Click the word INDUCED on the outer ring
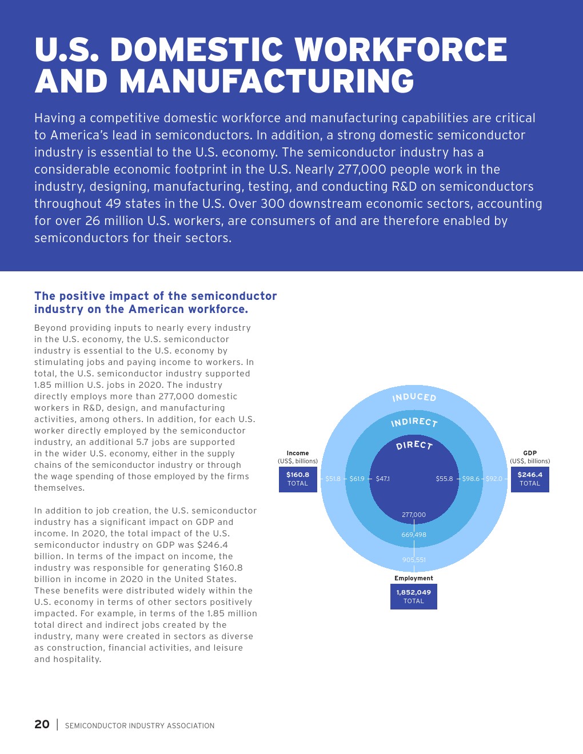(414, 397)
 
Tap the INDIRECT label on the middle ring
(414, 422)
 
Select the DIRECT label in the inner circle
(414, 445)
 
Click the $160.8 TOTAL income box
(298, 479)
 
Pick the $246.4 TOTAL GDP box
(530, 479)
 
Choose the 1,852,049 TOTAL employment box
(414, 596)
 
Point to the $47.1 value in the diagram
(382, 479)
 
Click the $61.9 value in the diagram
(357, 479)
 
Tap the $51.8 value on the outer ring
(333, 479)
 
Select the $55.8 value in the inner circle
(444, 479)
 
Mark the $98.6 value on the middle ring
(471, 479)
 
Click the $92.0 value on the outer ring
(494, 479)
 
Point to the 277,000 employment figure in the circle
(414, 515)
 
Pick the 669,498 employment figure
(414, 535)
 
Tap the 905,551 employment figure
(414, 560)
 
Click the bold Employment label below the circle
(414, 578)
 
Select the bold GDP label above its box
(530, 453)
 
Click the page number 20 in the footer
(42, 724)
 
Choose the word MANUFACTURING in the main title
(267, 81)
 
